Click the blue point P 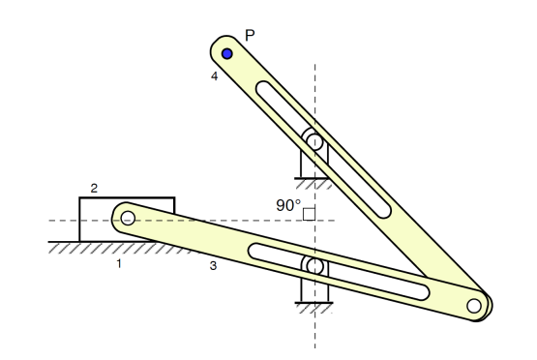[x=227, y=53]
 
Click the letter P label [x=249, y=36]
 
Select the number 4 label [x=215, y=75]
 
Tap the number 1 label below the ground [x=119, y=262]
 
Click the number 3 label [x=213, y=263]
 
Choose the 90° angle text [x=288, y=205]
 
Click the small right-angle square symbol [x=310, y=213]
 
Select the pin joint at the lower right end [x=473, y=307]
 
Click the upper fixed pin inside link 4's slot [x=314, y=142]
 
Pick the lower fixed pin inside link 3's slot [x=314, y=265]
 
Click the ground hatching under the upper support [x=314, y=182]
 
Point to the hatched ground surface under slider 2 [x=106, y=249]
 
